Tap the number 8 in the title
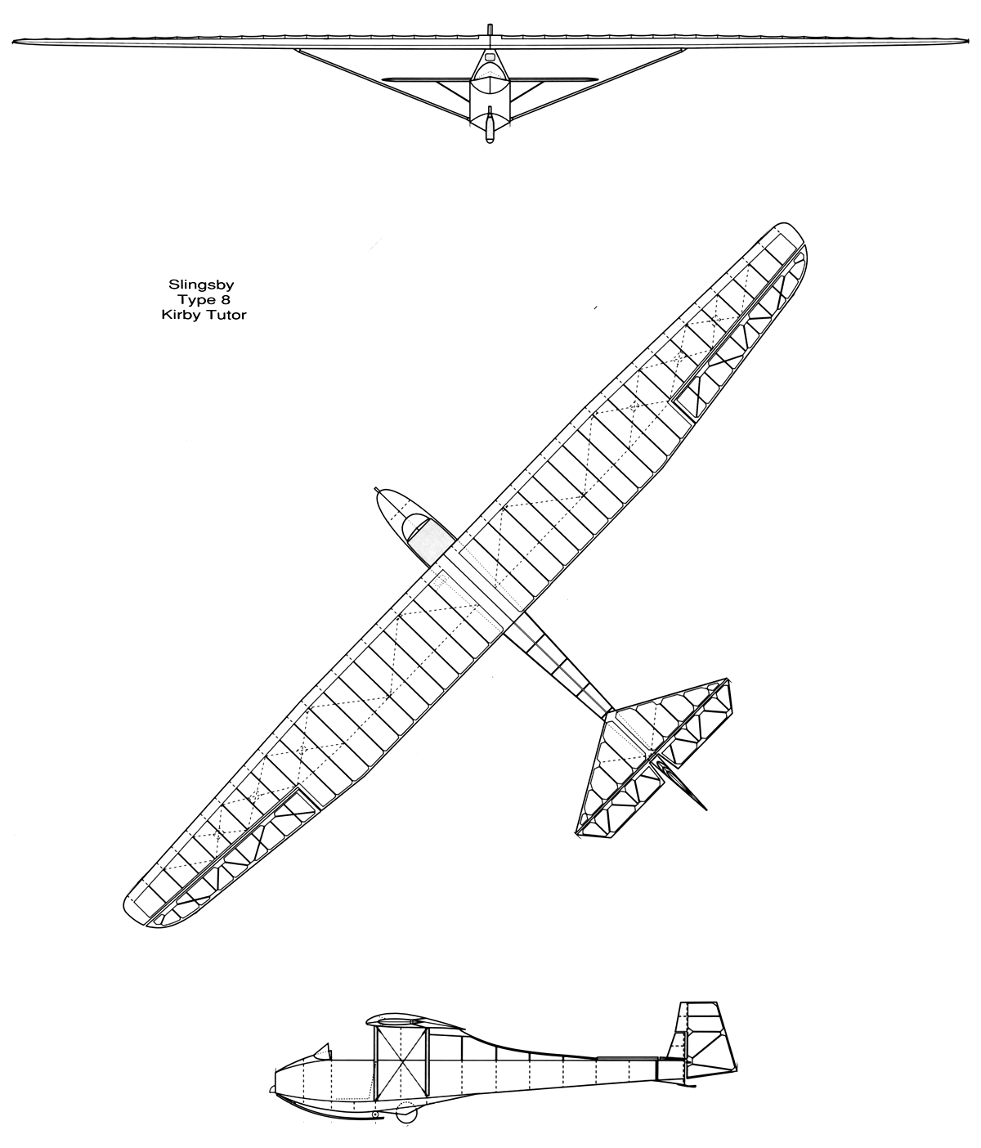[225, 299]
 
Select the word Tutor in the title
[226, 314]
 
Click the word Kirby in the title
[181, 314]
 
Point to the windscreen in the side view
[322, 1051]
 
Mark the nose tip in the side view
[273, 1089]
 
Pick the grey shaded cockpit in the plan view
[431, 544]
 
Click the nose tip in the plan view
[377, 490]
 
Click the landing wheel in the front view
[489, 128]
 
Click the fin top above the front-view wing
[489, 30]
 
